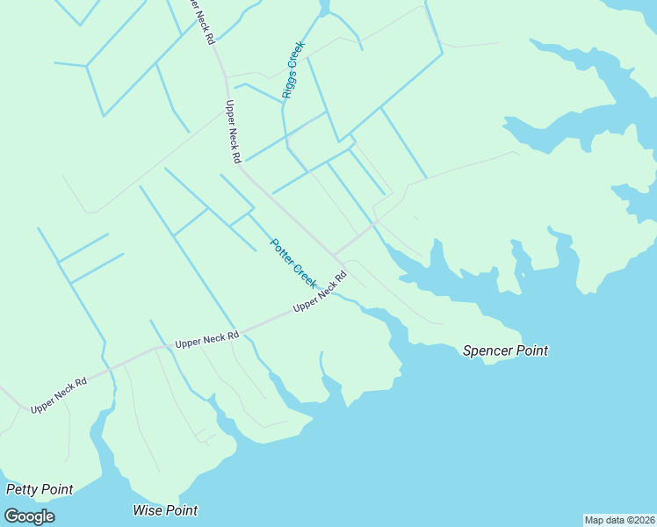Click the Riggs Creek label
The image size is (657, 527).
tap(292, 69)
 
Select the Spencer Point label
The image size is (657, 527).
tap(505, 350)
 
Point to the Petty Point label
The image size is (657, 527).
tap(40, 489)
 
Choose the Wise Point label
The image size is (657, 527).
tap(165, 510)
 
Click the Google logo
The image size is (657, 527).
tap(29, 516)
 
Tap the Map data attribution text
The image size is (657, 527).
tap(620, 520)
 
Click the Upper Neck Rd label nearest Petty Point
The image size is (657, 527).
tap(60, 397)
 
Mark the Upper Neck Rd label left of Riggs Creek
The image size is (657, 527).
tap(233, 132)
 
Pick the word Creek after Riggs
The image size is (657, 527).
tap(297, 54)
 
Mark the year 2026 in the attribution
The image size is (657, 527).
tap(642, 520)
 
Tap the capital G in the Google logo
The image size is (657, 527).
tap(12, 516)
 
